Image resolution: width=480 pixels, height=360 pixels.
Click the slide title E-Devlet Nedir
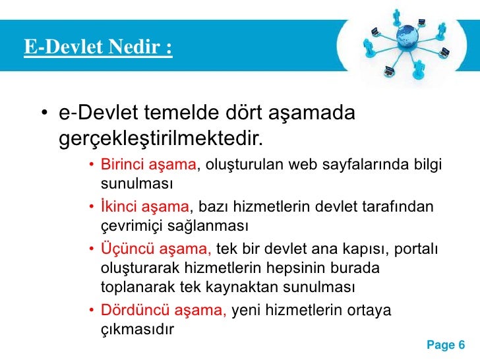pos(98,47)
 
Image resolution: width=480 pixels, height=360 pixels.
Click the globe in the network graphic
pos(407,34)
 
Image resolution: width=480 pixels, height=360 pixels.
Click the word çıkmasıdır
pos(136,328)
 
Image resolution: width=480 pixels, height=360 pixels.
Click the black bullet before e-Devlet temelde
pos(44,115)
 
